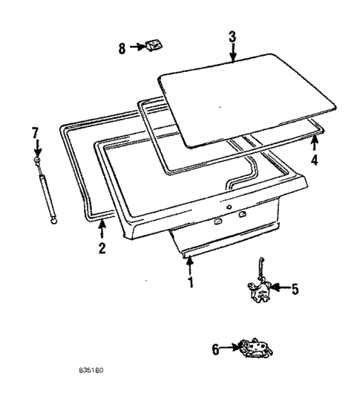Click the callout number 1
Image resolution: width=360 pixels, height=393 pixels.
[190, 282]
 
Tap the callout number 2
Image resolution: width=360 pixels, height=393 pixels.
[102, 247]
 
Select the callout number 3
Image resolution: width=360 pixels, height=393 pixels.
[232, 36]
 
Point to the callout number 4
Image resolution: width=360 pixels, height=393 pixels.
[314, 160]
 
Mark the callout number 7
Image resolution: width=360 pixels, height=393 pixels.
[34, 133]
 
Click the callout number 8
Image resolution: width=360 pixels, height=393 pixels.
[122, 48]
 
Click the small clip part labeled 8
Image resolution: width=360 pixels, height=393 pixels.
[154, 46]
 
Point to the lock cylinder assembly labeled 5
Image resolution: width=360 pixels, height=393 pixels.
[260, 288]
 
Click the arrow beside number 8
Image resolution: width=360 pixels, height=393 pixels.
[139, 47]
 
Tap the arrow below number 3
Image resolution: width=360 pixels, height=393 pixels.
[232, 52]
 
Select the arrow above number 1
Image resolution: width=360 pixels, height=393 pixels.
[190, 264]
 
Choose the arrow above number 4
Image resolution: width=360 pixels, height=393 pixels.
[314, 143]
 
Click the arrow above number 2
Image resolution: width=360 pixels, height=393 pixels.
[102, 230]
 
